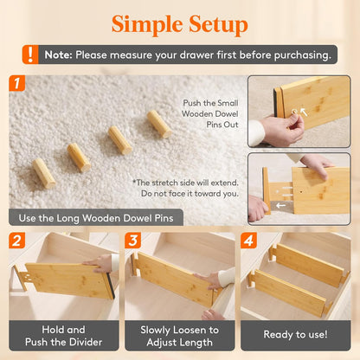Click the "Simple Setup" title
tap(180, 24)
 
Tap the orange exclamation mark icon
tap(30, 55)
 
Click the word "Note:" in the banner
tap(58, 55)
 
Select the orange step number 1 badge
tap(16, 83)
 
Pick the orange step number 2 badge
tap(16, 241)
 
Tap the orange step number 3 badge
tap(132, 241)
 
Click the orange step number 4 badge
tap(248, 241)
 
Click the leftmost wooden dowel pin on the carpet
tap(44, 173)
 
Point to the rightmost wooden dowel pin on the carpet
tap(159, 124)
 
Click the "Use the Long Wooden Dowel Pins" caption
tap(96, 218)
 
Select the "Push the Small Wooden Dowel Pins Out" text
tap(210, 113)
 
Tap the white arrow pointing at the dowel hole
tap(304, 112)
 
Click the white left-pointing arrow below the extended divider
tap(280, 205)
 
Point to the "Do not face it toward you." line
tap(190, 194)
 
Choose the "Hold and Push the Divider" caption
tap(63, 336)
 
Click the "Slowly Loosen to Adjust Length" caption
tap(179, 336)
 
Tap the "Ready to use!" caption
tap(295, 335)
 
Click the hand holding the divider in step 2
tap(100, 263)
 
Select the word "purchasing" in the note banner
tap(301, 55)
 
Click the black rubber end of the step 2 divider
tap(111, 286)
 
